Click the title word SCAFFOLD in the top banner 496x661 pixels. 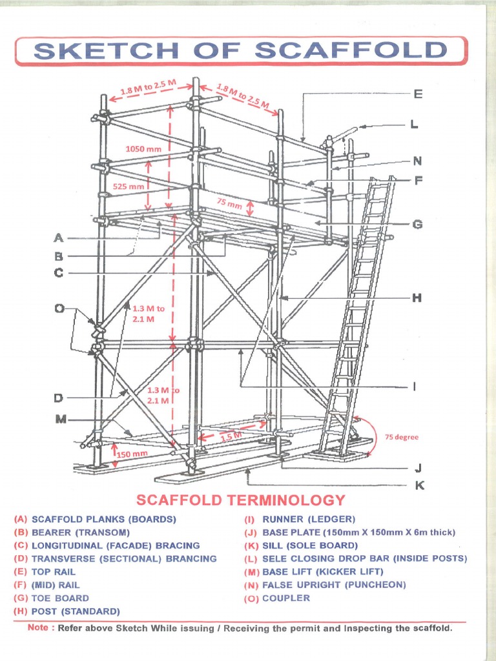(351, 51)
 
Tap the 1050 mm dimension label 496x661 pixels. (143, 149)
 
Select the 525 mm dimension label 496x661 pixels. (129, 187)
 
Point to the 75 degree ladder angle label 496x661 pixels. (401, 437)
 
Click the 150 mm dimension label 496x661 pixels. (132, 454)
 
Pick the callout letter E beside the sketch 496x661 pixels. (418, 94)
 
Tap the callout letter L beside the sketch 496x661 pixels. (413, 125)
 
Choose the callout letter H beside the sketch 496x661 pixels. (417, 298)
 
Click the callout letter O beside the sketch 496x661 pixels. (59, 309)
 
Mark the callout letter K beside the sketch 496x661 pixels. (419, 485)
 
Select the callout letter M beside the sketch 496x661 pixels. (61, 420)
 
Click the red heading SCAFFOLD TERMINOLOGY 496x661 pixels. (241, 500)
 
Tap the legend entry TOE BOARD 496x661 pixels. (60, 598)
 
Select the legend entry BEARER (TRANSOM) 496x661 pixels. (81, 533)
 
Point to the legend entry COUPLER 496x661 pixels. (285, 598)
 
